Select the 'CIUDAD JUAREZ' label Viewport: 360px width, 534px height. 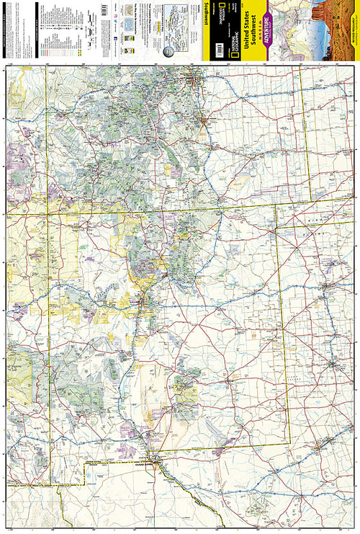(146, 464)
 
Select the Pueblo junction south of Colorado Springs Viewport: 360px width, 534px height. (210, 143)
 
